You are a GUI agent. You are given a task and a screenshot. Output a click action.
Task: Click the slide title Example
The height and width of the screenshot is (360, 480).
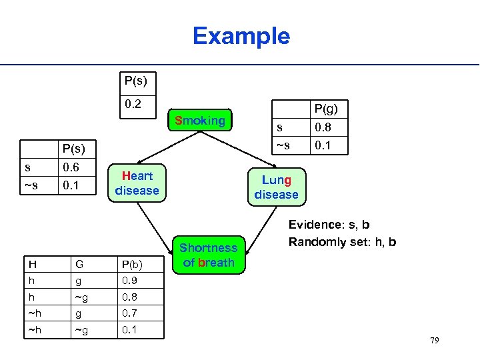tap(241, 36)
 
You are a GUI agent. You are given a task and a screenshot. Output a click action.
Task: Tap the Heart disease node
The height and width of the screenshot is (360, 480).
tap(137, 183)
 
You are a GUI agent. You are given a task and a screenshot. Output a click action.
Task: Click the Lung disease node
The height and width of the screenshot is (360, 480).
tap(276, 187)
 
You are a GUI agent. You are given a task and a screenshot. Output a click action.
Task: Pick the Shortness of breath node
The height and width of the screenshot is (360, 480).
tap(209, 255)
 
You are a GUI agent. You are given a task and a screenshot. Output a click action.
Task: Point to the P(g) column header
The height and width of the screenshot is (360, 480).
tap(326, 109)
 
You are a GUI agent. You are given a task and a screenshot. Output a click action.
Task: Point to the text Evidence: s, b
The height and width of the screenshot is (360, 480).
tap(329, 225)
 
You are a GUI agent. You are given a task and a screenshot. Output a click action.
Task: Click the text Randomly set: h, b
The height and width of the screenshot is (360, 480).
tap(342, 242)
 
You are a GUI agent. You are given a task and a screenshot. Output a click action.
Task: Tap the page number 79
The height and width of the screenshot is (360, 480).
tap(434, 341)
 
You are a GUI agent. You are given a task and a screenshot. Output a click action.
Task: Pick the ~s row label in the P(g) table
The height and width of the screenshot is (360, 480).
tap(283, 145)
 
